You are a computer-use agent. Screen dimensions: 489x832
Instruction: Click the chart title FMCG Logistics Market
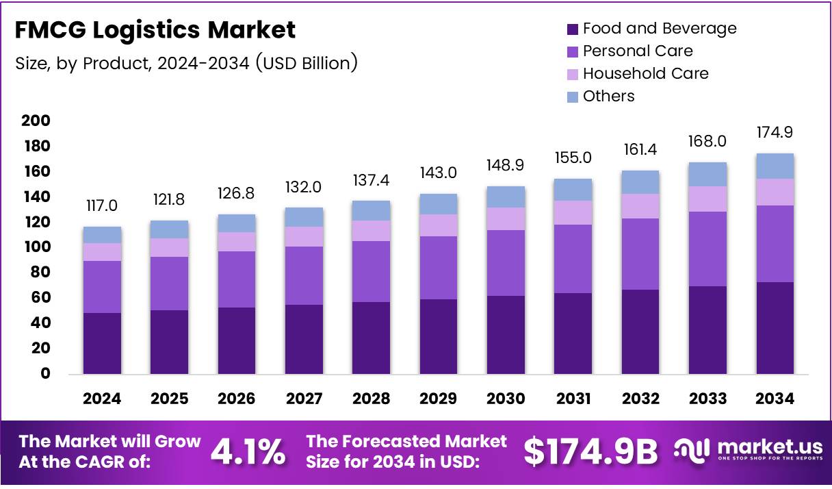[x=155, y=30]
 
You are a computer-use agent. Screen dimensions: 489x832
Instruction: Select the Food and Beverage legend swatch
[x=573, y=29]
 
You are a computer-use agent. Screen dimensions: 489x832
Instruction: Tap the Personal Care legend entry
[x=637, y=51]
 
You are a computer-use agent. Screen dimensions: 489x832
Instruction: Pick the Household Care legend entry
[x=645, y=74]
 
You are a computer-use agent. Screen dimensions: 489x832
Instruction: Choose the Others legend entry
[x=608, y=97]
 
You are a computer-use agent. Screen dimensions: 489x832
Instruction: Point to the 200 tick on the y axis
[x=36, y=121]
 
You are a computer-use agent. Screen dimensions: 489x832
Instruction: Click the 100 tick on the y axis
[x=36, y=247]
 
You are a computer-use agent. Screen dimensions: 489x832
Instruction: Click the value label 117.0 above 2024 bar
[x=102, y=206]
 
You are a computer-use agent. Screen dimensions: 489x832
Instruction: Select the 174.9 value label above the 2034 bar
[x=775, y=133]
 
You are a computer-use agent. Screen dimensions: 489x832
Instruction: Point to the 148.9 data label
[x=506, y=166]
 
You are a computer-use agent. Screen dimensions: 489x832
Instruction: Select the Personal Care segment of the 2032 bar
[x=640, y=254]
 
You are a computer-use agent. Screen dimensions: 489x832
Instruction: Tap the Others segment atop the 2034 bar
[x=775, y=166]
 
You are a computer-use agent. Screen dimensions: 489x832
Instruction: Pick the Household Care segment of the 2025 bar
[x=169, y=247]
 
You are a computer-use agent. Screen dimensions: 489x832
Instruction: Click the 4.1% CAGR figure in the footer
[x=248, y=451]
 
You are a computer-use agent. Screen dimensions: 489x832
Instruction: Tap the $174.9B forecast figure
[x=590, y=451]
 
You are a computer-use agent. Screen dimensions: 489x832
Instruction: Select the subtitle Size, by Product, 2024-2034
[x=186, y=64]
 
